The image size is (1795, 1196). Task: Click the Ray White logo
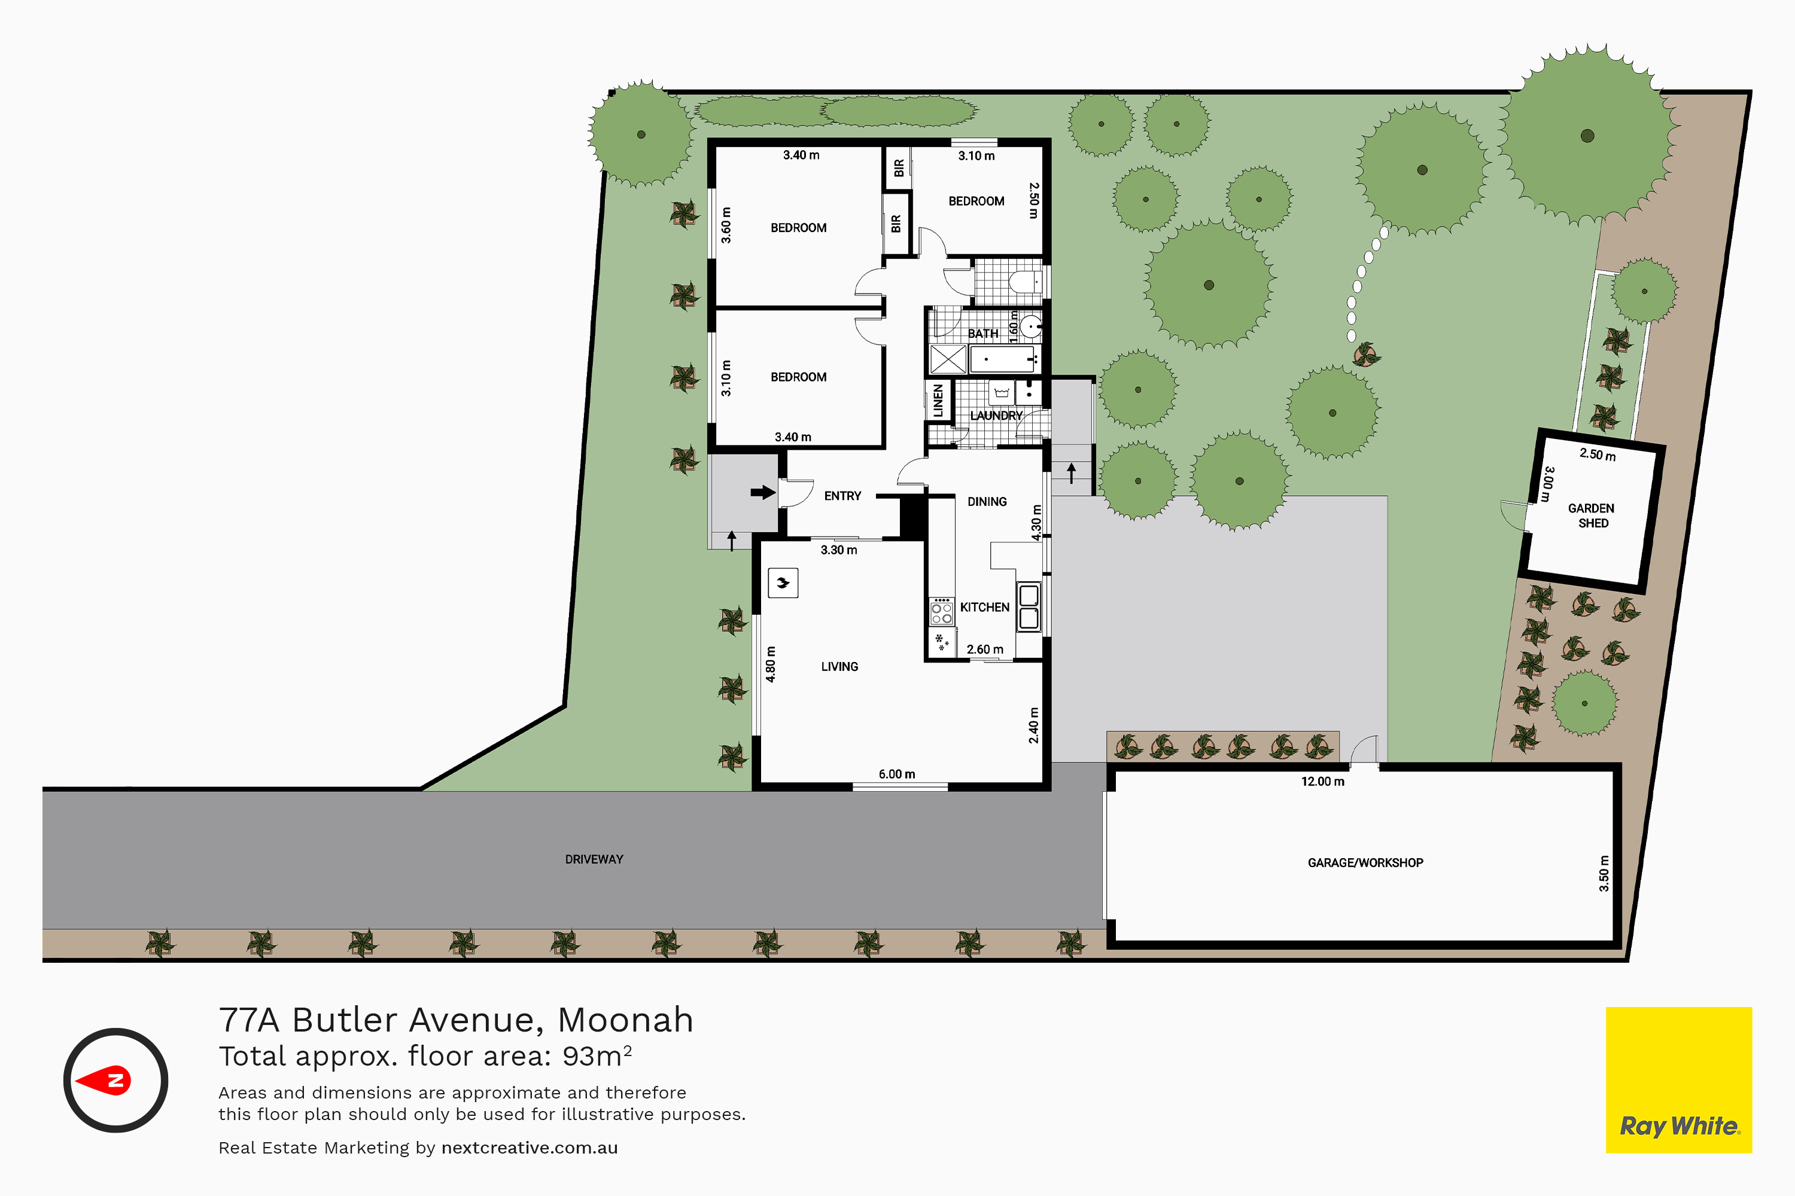coord(1678,1079)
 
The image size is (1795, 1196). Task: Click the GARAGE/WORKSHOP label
coord(1365,863)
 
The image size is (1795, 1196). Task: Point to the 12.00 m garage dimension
coord(1322,782)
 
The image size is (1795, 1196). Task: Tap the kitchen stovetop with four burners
coord(942,612)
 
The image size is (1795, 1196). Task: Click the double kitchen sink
coord(1029,606)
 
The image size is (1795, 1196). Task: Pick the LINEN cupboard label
coord(938,401)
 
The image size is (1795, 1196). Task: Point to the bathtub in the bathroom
coord(1002,358)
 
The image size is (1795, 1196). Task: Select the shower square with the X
coord(948,359)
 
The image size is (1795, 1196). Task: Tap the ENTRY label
coord(842,496)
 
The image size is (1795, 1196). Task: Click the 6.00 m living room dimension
coord(897,774)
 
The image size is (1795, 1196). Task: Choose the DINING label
coord(987,502)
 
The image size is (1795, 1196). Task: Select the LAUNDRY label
coord(996,416)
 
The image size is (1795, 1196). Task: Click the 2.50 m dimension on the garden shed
coord(1598,454)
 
